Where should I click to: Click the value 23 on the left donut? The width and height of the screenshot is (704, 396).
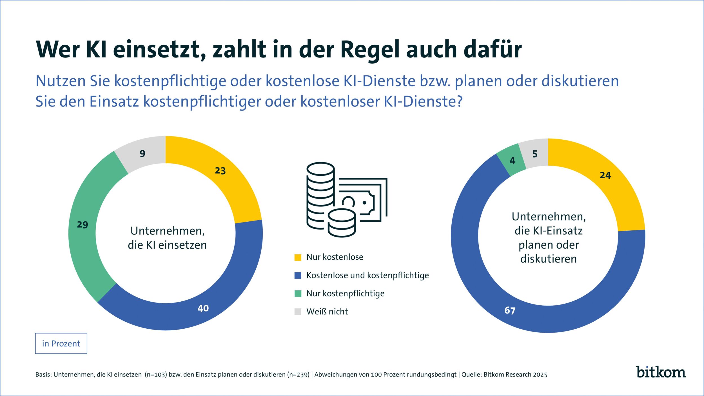tap(220, 171)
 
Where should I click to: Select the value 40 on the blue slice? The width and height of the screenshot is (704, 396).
tap(203, 308)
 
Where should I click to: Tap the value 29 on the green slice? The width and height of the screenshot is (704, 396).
tap(83, 225)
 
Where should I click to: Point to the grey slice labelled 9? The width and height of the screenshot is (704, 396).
tap(142, 154)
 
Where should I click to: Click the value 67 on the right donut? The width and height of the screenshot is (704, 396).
tap(510, 311)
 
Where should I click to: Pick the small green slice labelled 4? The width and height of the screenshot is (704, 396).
tap(512, 161)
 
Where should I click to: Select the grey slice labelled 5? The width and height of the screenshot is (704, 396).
tap(535, 154)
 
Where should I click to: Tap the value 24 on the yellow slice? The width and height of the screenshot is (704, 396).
tap(605, 175)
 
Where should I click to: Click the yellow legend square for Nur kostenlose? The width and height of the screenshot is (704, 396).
tap(298, 257)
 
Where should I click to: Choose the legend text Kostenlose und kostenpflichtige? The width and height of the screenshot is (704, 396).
tap(367, 275)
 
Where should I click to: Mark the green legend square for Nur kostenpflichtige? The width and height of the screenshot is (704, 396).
tap(298, 293)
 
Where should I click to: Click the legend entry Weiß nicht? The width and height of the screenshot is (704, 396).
tap(327, 312)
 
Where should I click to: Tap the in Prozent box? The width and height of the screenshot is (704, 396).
tap(61, 344)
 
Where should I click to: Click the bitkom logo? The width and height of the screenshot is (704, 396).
tap(661, 372)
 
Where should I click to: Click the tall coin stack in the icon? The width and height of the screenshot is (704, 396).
tap(320, 194)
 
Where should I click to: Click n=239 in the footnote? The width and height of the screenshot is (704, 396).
tap(298, 375)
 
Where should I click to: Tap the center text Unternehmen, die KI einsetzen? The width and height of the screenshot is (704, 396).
tap(167, 238)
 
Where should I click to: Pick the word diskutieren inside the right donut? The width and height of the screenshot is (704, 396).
tap(548, 259)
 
